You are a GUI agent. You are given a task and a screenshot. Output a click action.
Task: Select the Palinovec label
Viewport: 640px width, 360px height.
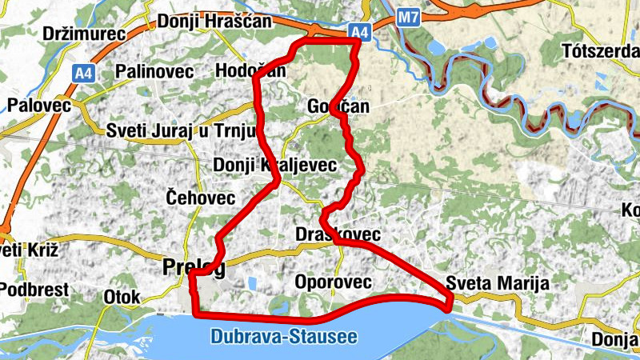(154, 72)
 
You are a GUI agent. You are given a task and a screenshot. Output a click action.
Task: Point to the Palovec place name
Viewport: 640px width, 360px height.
(38, 105)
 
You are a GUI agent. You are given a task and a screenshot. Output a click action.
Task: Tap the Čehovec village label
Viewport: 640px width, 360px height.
(200, 197)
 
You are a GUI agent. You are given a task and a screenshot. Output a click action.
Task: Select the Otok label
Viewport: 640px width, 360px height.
(122, 297)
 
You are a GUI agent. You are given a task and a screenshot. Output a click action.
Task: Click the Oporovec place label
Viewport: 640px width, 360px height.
(333, 282)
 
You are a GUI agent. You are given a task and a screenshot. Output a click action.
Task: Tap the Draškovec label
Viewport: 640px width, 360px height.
(338, 234)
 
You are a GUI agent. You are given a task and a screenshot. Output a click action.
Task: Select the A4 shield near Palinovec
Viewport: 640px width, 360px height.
(82, 73)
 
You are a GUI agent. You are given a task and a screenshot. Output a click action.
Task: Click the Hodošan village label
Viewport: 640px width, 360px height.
(250, 72)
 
